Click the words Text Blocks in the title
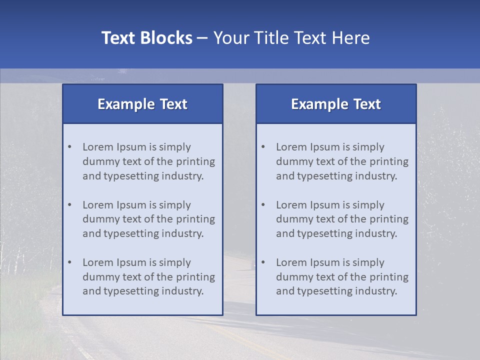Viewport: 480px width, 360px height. pyautogui.click(x=146, y=38)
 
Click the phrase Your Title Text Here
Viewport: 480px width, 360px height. pyautogui.click(x=291, y=38)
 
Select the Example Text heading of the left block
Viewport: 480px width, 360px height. pyautogui.click(x=142, y=104)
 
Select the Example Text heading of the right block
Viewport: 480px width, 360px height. pyautogui.click(x=336, y=104)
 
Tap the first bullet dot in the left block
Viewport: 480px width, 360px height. pyautogui.click(x=69, y=147)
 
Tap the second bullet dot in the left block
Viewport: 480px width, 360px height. pyautogui.click(x=69, y=205)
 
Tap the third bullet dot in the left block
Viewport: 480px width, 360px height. pyautogui.click(x=69, y=262)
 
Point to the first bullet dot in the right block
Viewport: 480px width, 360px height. pyautogui.click(x=263, y=147)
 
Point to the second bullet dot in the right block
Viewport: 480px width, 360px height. pyautogui.click(x=263, y=205)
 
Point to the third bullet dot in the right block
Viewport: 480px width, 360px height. pyautogui.click(x=263, y=262)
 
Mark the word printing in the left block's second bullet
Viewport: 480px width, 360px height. pyautogui.click(x=196, y=219)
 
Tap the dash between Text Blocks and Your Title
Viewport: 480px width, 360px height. pyautogui.click(x=203, y=38)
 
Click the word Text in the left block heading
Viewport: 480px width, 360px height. pyautogui.click(x=173, y=104)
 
